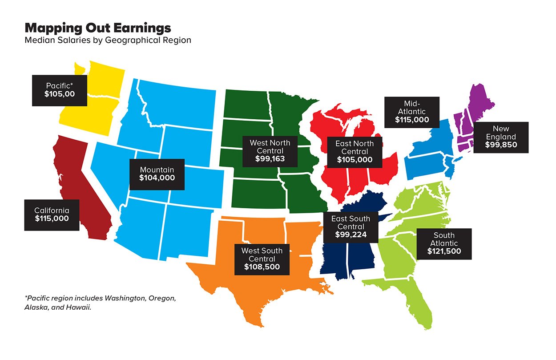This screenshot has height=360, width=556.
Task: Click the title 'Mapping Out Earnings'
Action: (98, 28)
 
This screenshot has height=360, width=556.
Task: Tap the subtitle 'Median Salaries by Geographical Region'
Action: (108, 40)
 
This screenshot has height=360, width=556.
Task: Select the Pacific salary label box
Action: (59, 90)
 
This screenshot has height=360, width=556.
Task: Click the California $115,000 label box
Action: (52, 214)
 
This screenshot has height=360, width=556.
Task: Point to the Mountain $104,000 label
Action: (157, 174)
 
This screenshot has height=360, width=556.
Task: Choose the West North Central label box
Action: (270, 150)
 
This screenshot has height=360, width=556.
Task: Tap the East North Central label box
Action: (354, 151)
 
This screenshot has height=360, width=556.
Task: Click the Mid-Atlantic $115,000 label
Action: (411, 112)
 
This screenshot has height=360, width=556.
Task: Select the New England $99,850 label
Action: (501, 137)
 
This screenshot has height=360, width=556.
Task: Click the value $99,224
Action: (351, 235)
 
